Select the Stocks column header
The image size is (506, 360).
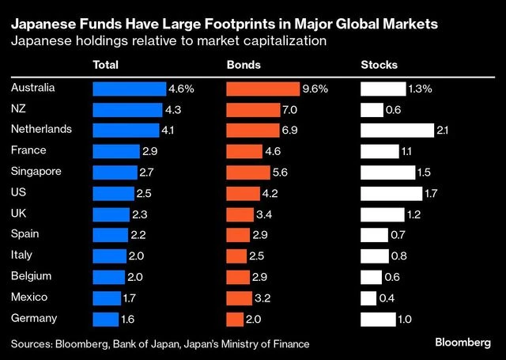coord(379,65)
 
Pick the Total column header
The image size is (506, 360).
coord(107,65)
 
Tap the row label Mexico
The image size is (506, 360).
coord(30,297)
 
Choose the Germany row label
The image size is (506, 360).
coord(34,317)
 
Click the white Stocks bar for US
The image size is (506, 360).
coord(391,193)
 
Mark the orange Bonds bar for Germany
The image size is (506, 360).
coord(235,319)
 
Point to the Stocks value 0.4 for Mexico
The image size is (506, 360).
coord(387,298)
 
